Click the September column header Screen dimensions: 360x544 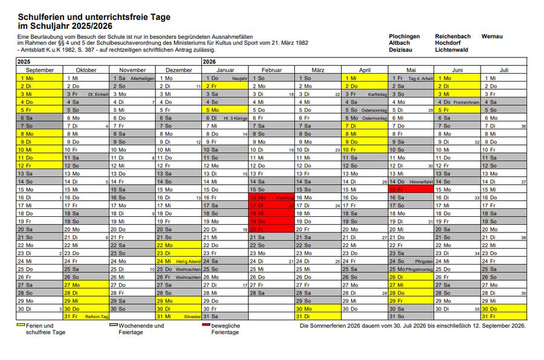coord(40,70)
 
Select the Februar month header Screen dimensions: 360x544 coord(271,70)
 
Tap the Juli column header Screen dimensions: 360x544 coord(504,70)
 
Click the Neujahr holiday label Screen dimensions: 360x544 coord(239,79)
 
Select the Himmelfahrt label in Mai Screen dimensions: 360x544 coord(421,181)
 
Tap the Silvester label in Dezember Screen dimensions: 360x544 coord(192,316)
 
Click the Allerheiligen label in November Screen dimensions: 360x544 coord(143,79)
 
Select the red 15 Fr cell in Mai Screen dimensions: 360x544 coord(411,189)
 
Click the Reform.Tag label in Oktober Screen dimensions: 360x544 coord(97,316)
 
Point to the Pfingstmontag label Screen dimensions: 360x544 coord(419,269)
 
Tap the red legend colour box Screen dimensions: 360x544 coord(207,324)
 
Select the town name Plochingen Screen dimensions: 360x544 coord(404,36)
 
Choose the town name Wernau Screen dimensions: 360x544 coord(492,36)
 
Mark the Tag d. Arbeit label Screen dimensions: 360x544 coord(421,79)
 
